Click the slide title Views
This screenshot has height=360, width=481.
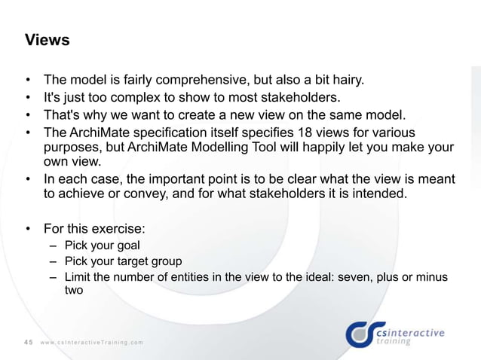47,40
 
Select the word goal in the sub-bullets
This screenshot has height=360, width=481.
127,245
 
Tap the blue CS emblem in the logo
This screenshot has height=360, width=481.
360,334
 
